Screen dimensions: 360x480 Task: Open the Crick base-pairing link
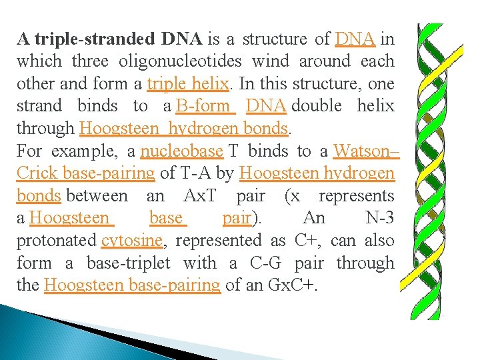point(85,174)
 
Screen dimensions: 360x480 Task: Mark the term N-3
point(379,219)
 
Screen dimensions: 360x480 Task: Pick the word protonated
point(57,241)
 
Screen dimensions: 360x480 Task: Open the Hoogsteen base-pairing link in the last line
point(132,286)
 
